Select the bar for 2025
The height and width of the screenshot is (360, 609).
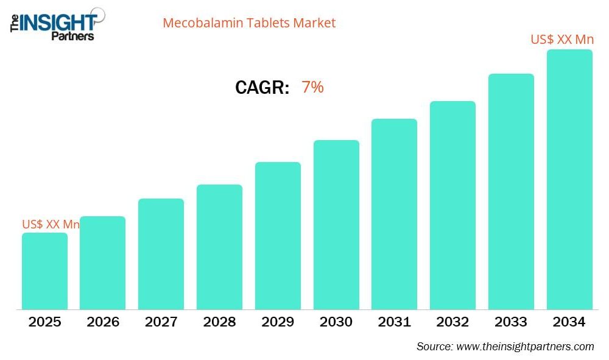(x=44, y=271)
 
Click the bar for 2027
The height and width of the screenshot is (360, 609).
(x=161, y=254)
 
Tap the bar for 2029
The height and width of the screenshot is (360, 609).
(x=278, y=236)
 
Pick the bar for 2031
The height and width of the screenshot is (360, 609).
(x=394, y=214)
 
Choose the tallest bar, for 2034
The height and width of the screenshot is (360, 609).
(x=569, y=179)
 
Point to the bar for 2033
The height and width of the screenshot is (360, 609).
(x=511, y=191)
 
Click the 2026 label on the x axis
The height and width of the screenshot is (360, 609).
(x=103, y=322)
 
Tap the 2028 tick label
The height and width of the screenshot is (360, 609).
(x=219, y=322)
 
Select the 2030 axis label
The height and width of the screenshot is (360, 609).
(x=336, y=322)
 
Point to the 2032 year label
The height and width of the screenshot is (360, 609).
(x=452, y=322)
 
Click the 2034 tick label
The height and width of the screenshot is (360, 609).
(x=569, y=322)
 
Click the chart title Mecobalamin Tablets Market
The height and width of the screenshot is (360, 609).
(x=249, y=23)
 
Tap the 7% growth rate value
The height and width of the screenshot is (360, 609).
(x=312, y=88)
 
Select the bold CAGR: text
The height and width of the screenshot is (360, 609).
(x=262, y=88)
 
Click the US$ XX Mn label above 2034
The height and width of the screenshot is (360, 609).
(x=562, y=40)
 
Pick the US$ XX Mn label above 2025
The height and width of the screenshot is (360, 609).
(x=51, y=224)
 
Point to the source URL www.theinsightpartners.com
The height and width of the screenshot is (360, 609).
(x=525, y=347)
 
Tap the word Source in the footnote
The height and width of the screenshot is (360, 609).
(x=434, y=347)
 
